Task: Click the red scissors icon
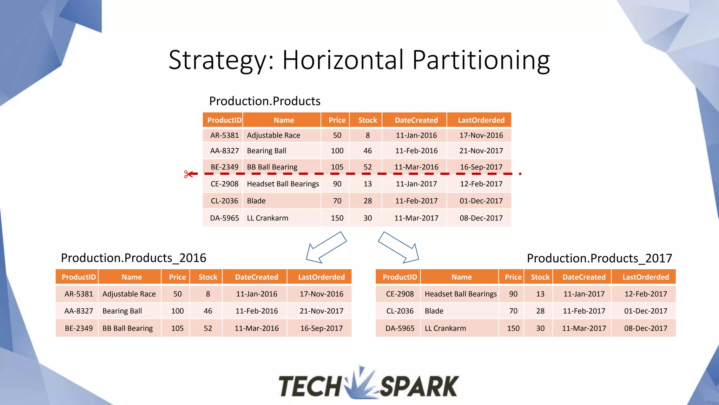coord(188,174)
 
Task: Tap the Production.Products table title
coord(265,101)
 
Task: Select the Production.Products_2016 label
coord(133,258)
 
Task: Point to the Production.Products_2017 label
coord(599,258)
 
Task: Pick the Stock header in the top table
coord(368,120)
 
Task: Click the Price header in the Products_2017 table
coord(513,277)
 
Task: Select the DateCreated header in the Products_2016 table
coord(256,277)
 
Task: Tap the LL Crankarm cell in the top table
coord(268,218)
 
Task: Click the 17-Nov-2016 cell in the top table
coord(481,135)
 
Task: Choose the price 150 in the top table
coord(337,218)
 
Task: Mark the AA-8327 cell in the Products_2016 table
coord(79,311)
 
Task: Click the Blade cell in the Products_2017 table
coord(434,311)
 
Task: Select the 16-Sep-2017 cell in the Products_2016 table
coord(321,328)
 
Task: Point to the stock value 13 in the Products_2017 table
coord(540,294)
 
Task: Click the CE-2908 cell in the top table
coord(224,184)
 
